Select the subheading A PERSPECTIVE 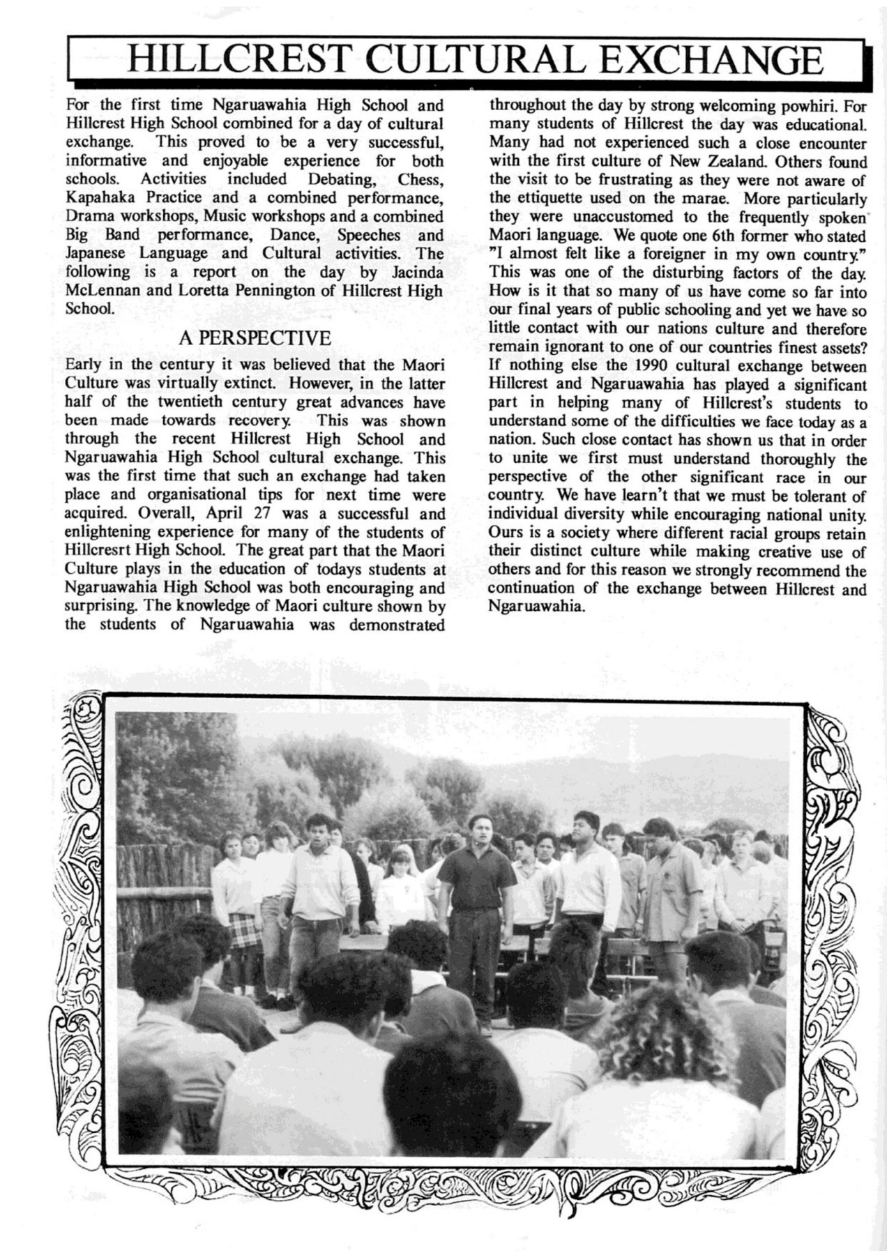pos(255,339)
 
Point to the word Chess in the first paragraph pos(421,179)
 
